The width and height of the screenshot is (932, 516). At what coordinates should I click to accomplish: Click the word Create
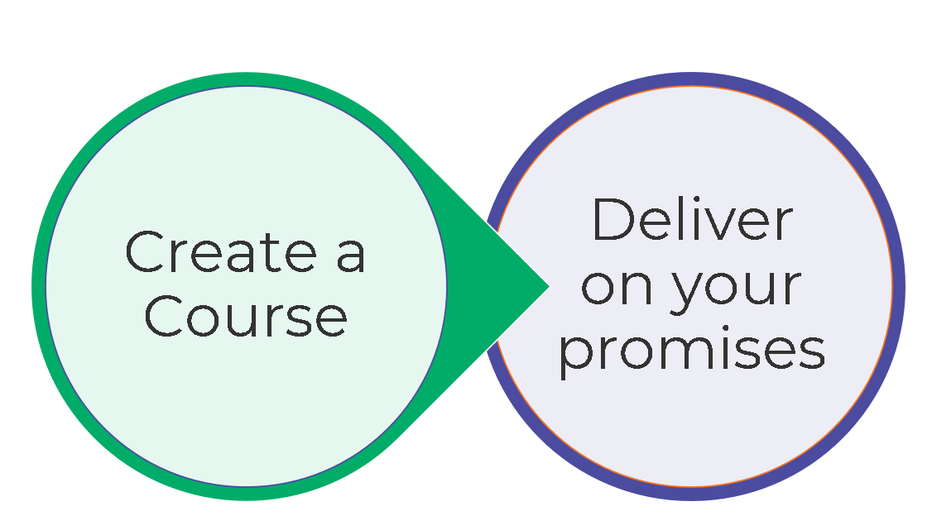[220, 251]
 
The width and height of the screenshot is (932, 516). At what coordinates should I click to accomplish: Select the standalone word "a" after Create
[350, 256]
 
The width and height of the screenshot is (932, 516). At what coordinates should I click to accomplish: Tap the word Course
[246, 317]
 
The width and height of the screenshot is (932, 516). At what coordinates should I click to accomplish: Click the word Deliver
[693, 219]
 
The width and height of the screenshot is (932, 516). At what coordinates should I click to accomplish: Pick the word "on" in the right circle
[617, 288]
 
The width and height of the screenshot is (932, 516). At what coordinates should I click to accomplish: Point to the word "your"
[737, 292]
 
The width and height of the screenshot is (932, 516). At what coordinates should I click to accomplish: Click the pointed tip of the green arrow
[549, 287]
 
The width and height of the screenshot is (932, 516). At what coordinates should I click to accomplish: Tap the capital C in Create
[145, 251]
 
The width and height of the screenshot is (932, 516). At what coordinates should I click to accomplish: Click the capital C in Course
[163, 317]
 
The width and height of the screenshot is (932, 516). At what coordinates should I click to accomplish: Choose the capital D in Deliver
[613, 220]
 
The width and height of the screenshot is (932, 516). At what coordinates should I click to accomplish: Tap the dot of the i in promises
[725, 328]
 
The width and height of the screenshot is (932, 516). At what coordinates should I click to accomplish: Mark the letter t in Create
[271, 253]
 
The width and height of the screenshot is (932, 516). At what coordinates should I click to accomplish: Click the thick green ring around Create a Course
[39, 287]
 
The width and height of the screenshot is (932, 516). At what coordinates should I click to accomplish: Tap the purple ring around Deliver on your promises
[898, 287]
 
